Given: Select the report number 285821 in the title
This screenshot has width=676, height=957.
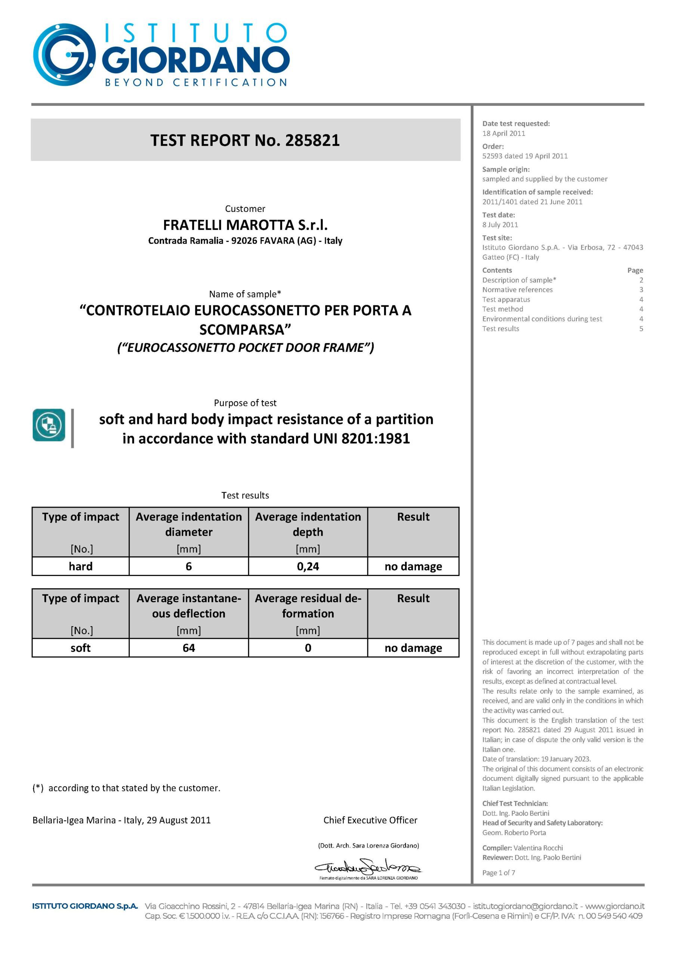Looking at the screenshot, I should point(312,141).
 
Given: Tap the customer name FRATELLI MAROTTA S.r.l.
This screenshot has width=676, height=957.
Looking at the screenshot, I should point(245,225).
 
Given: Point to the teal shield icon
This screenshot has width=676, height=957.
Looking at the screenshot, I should point(49,425).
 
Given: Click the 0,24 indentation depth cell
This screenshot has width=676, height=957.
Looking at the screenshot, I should point(308,566).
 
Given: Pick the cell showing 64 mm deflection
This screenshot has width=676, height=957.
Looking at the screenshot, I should point(188,648).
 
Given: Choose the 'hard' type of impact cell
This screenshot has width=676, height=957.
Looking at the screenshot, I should point(80,566).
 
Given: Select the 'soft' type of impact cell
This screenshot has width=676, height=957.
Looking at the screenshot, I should point(80,648).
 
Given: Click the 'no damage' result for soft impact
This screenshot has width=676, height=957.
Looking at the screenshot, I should point(413,648).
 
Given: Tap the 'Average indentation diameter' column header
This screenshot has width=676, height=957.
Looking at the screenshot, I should point(188,524).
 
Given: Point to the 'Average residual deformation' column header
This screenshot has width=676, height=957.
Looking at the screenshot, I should point(308,606).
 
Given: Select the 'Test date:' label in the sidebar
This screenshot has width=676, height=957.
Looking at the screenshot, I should point(498,215).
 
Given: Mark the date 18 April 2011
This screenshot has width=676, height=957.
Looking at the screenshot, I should point(503,133).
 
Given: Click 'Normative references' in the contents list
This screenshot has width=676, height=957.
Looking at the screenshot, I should point(517,290).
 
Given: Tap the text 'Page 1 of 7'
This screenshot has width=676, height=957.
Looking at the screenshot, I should point(498,873).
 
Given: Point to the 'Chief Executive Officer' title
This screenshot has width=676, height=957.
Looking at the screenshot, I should point(370,820).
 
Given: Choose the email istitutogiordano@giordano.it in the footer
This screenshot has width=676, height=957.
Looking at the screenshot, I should point(525,906).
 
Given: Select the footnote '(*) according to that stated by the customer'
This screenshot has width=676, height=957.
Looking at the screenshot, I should point(126,788).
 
